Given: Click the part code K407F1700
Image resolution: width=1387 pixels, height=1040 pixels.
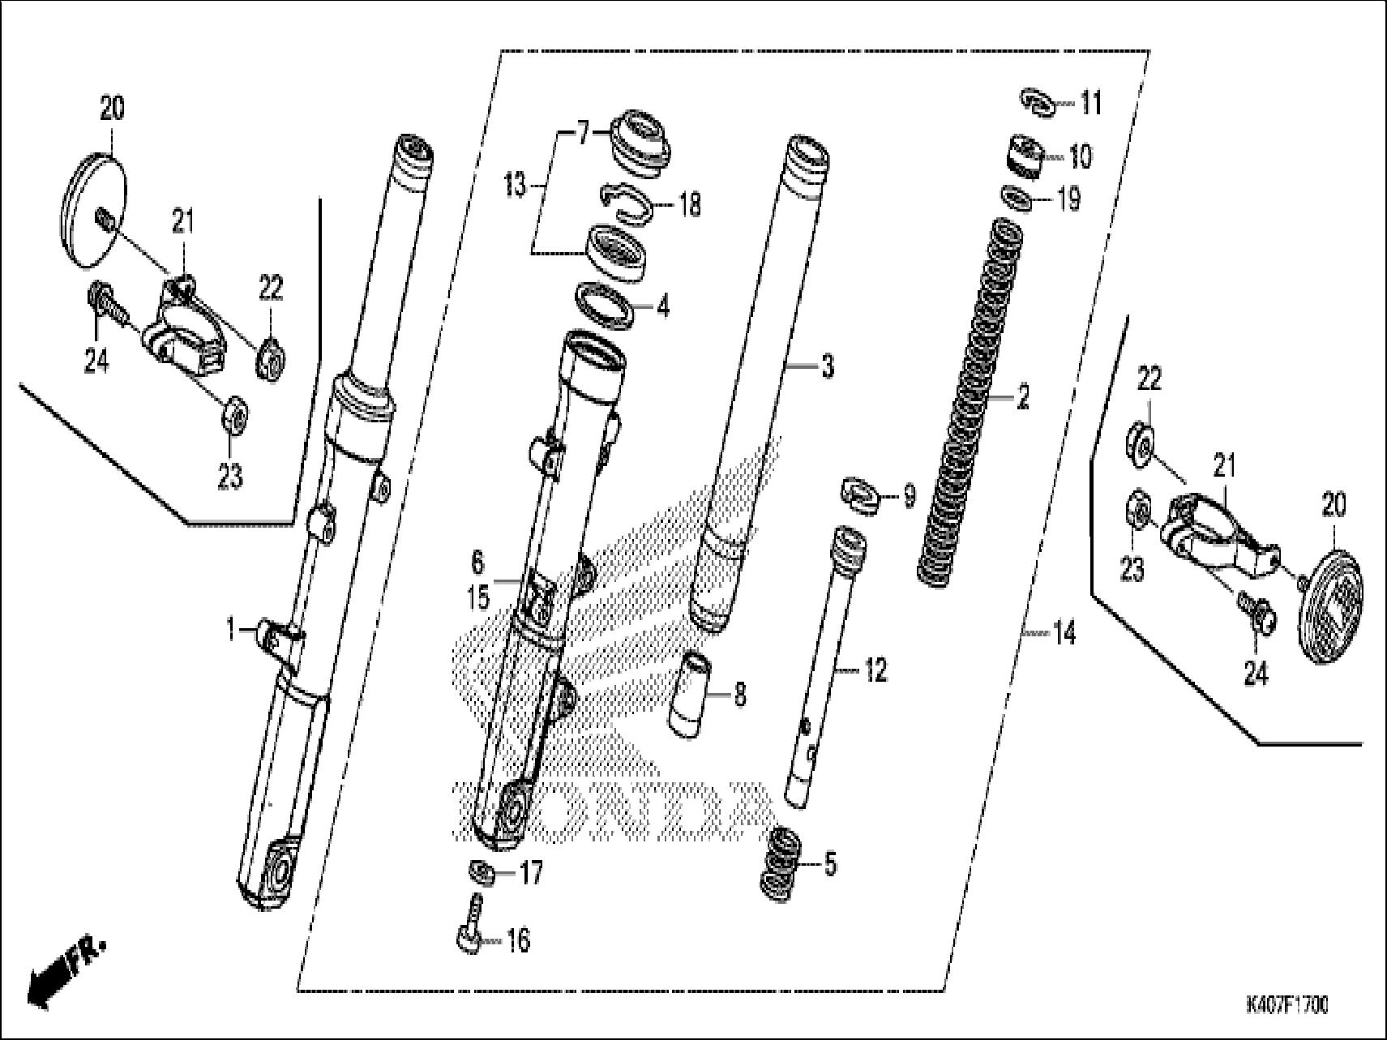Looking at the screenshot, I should pyautogui.click(x=1286, y=1006).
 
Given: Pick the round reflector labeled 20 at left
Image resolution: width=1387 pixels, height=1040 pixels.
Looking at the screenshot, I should pyautogui.click(x=96, y=206).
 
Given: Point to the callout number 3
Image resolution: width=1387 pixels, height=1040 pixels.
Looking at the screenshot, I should pyautogui.click(x=827, y=367).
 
